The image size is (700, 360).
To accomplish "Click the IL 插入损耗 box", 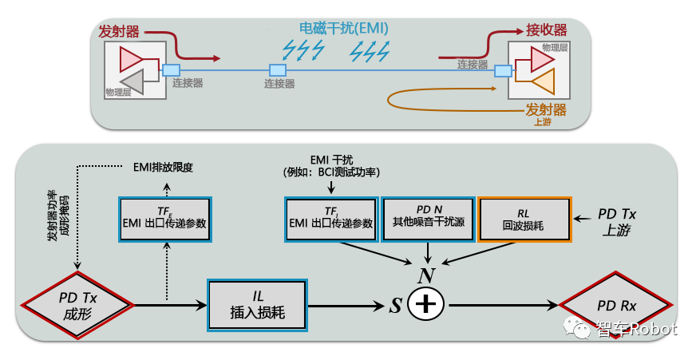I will [257, 304].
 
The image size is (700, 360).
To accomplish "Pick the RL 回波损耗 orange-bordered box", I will [524, 218].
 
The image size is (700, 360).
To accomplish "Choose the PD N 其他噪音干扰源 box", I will [429, 218].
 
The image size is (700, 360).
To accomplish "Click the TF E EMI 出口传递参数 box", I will [165, 218].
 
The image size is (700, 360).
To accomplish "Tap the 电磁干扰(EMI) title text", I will [344, 28].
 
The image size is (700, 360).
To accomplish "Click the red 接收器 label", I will [546, 30].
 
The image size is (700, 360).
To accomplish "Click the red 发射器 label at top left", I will [119, 31].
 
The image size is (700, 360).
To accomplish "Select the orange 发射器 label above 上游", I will [546, 109].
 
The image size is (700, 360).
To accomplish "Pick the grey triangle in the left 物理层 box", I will [131, 81].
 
